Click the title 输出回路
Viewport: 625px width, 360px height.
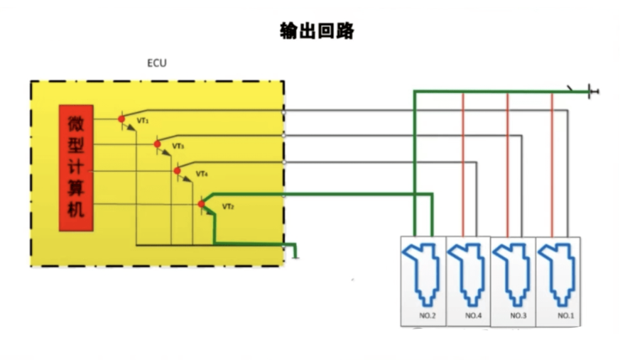(x=316, y=31)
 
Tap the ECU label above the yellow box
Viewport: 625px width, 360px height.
(x=156, y=63)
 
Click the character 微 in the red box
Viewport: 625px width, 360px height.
(x=75, y=123)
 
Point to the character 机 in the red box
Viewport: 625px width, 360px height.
(x=75, y=210)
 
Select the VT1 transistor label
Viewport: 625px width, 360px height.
(x=143, y=121)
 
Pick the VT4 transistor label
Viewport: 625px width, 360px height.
(x=202, y=174)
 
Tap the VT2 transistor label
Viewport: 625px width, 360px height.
(x=228, y=207)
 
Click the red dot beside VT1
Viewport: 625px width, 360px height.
(x=121, y=119)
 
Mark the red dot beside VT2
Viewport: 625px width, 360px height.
(x=201, y=204)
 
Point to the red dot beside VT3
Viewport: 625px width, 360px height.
(x=158, y=144)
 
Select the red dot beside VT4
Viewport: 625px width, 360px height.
(x=177, y=170)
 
